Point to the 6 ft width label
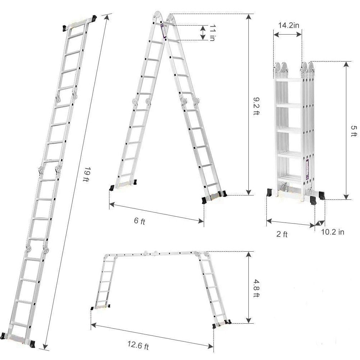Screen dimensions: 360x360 click(x=139, y=220)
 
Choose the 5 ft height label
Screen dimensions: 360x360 click(x=355, y=131)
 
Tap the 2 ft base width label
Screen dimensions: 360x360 click(x=282, y=234)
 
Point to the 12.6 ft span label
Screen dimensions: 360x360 click(x=137, y=346)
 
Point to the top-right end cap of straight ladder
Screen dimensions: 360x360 click(x=94, y=18)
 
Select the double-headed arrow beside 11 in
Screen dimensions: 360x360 click(x=203, y=33)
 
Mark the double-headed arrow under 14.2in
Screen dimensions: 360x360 click(x=287, y=34)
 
